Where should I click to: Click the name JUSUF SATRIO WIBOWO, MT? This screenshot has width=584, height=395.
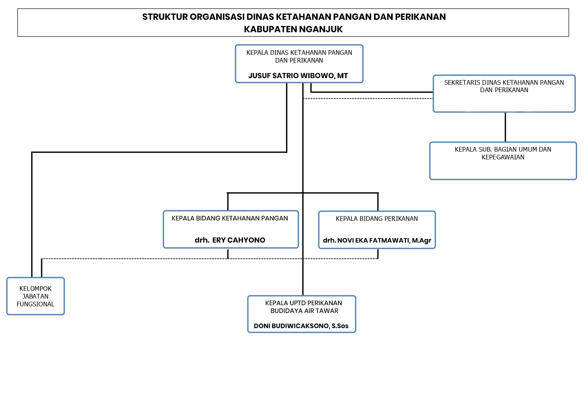(x=298, y=75)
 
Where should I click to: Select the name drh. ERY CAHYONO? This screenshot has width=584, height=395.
(x=230, y=240)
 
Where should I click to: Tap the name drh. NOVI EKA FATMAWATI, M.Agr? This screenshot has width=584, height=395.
(x=377, y=240)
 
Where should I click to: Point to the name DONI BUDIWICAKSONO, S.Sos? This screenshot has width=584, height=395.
(x=301, y=326)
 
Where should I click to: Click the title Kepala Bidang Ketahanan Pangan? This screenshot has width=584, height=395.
(x=230, y=218)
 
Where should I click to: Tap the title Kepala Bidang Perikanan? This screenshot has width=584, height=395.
(x=377, y=218)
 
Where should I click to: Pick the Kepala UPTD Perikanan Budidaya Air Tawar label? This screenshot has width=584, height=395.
(x=304, y=307)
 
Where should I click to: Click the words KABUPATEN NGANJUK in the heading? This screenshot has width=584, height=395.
(x=293, y=29)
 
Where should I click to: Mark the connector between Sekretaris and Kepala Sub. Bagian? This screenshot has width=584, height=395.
(x=505, y=127)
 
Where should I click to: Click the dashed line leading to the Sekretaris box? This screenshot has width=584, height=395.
(x=368, y=98)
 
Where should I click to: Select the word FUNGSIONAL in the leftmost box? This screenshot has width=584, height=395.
(x=35, y=304)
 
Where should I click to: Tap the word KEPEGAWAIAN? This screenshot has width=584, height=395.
(x=503, y=157)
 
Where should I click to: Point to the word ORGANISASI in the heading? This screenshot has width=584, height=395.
(x=217, y=17)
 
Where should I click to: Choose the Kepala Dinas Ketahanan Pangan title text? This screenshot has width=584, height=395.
(x=299, y=56)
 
